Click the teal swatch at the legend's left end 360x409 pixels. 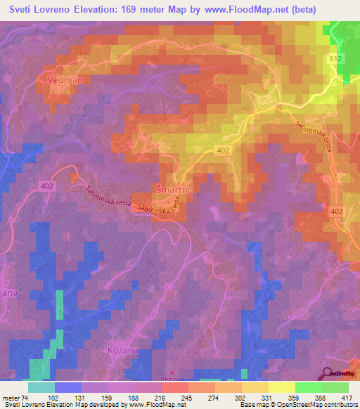coord(41,387)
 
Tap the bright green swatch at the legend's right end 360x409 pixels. coord(335,387)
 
